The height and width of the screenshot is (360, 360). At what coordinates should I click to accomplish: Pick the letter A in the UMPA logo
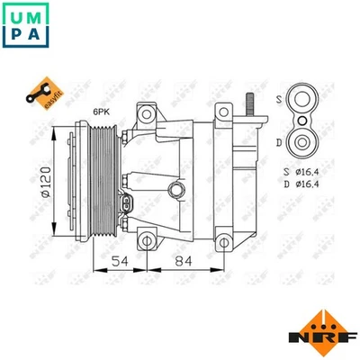(x=37, y=35)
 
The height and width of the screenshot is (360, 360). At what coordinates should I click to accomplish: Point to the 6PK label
(x=100, y=112)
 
